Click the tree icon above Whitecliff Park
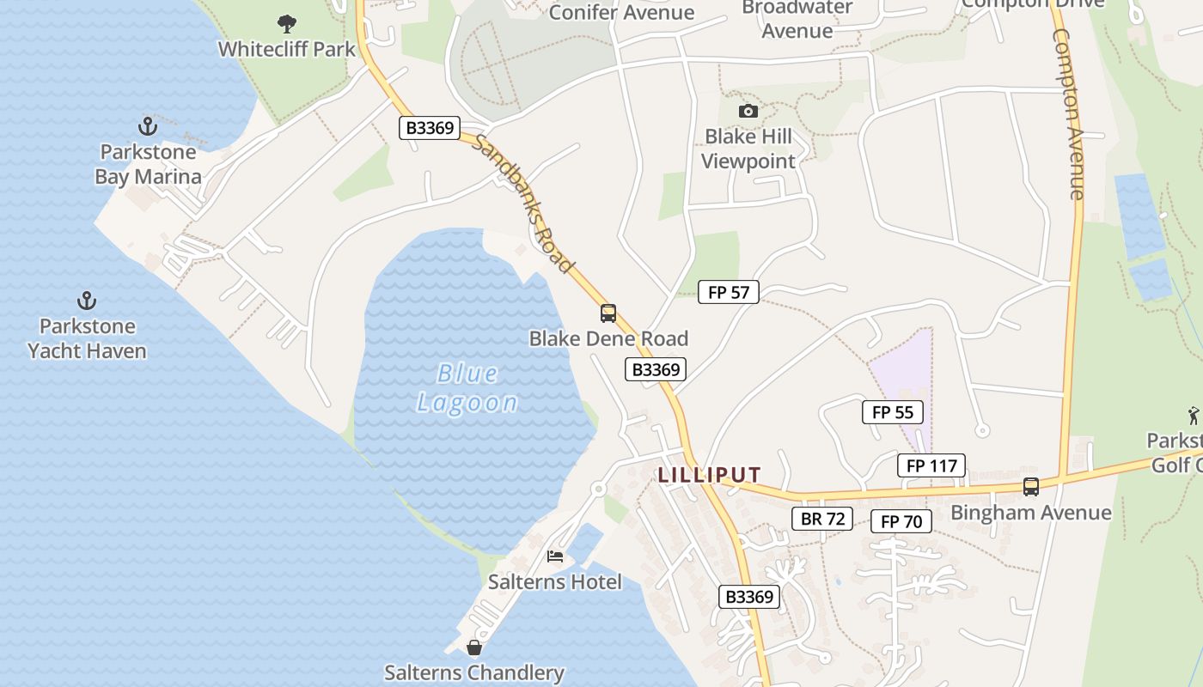tap(287, 24)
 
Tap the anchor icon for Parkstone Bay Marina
tap(148, 127)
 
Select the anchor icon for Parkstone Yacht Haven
tap(86, 301)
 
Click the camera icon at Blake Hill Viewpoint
tap(748, 112)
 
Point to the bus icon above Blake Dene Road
tap(608, 313)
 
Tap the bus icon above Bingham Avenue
tap(1030, 487)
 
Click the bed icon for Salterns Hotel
tap(555, 556)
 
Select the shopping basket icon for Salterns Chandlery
tap(473, 647)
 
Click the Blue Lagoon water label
tap(467, 388)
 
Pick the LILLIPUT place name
tap(710, 475)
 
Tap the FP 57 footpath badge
tap(729, 292)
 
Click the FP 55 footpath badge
tap(893, 412)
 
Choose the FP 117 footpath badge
tap(931, 465)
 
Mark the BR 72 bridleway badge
tap(822, 518)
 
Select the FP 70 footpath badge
tap(901, 521)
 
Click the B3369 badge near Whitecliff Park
tap(430, 128)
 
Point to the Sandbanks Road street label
tap(524, 204)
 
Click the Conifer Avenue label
tap(621, 12)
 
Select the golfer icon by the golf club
tap(1194, 416)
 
